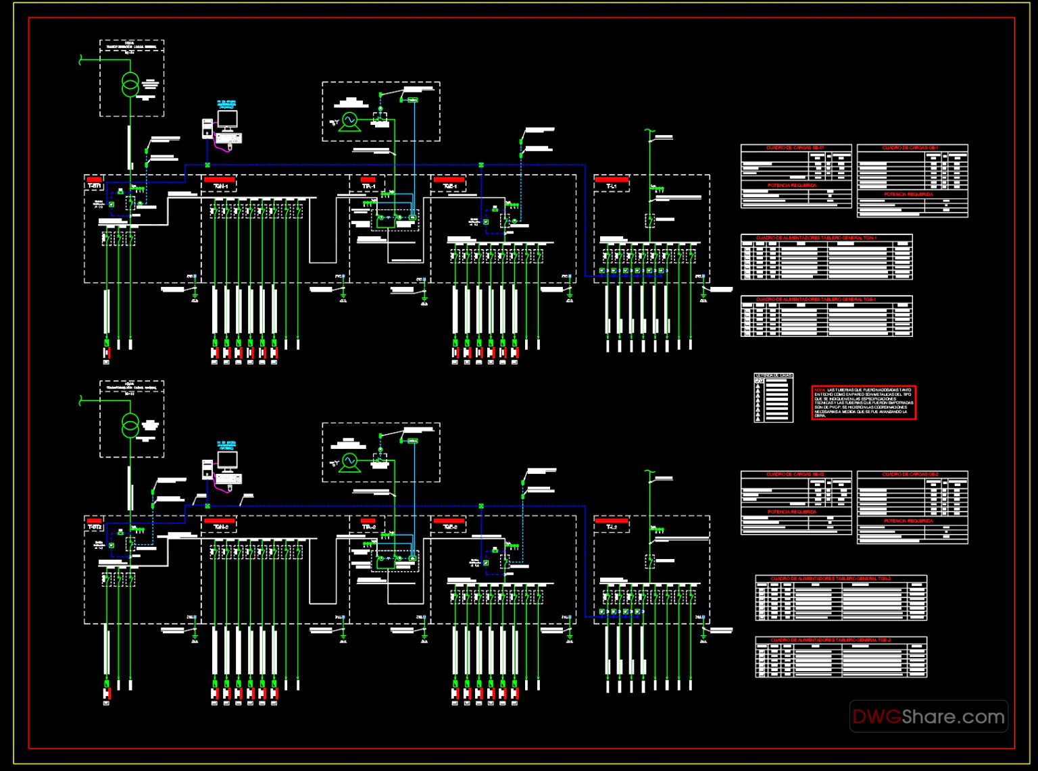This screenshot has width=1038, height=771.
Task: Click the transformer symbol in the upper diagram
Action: coord(130,84)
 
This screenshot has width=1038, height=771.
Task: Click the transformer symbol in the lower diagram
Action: coord(130,425)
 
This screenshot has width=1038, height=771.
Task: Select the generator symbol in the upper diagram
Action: coord(349,120)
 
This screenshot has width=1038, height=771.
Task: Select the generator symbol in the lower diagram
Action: coord(349,461)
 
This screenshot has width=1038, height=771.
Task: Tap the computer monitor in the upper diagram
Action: coord(227,120)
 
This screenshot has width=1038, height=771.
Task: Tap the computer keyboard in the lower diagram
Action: coord(228,479)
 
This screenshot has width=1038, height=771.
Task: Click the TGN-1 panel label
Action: coord(220,186)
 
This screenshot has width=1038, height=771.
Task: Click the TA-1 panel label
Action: coord(368,186)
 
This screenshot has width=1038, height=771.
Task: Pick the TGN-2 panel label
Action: coord(220,527)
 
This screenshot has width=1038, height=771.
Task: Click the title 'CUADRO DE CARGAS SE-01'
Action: coord(795,148)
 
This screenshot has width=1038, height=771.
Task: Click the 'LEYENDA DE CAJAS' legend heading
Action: coord(773,375)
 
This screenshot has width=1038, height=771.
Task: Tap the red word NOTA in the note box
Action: coord(819,390)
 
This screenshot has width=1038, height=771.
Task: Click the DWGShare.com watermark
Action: coord(928,717)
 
